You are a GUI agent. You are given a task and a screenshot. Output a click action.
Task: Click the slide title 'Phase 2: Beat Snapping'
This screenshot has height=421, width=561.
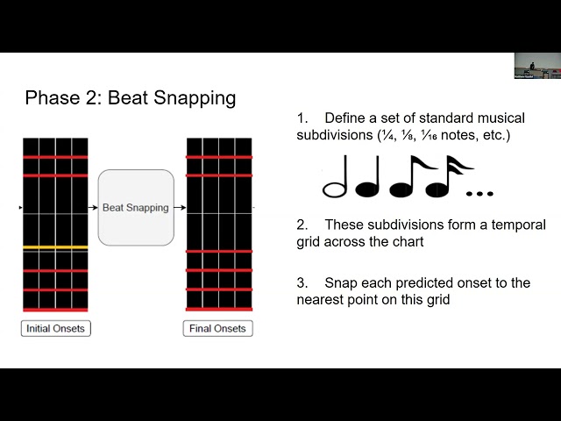click(130, 97)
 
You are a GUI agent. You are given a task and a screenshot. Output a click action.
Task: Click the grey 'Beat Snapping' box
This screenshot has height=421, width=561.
click(136, 208)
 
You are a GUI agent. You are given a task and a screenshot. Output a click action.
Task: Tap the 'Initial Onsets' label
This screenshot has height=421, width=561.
click(56, 329)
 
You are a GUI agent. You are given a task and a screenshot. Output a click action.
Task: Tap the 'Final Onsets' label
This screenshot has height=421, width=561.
click(218, 329)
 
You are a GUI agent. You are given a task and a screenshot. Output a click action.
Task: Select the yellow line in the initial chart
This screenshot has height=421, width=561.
click(55, 248)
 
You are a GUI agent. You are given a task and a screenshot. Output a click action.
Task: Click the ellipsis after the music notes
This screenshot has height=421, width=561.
click(479, 192)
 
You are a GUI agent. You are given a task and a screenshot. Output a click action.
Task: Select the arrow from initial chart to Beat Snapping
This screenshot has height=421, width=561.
click(93, 208)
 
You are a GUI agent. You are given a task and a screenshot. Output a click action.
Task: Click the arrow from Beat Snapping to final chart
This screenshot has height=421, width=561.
click(180, 208)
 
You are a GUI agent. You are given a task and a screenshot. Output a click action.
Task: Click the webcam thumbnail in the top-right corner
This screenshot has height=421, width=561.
click(536, 66)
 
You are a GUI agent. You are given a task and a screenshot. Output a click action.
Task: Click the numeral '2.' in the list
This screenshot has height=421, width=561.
click(302, 225)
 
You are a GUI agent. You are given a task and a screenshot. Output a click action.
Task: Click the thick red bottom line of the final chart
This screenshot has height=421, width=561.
click(218, 309)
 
